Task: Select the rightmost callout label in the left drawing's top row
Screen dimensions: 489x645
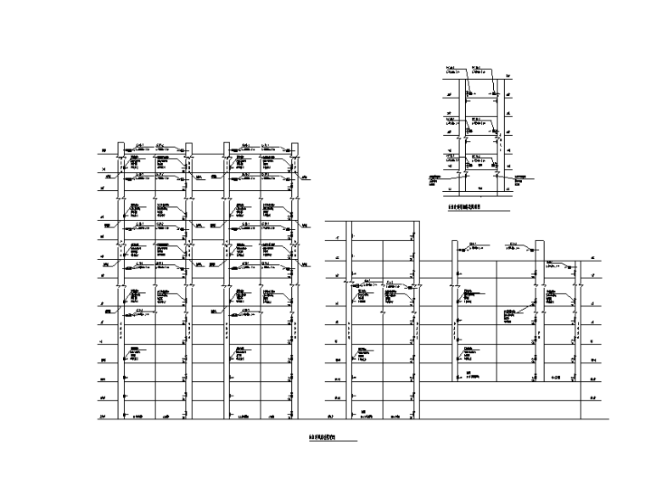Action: (x=266, y=145)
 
